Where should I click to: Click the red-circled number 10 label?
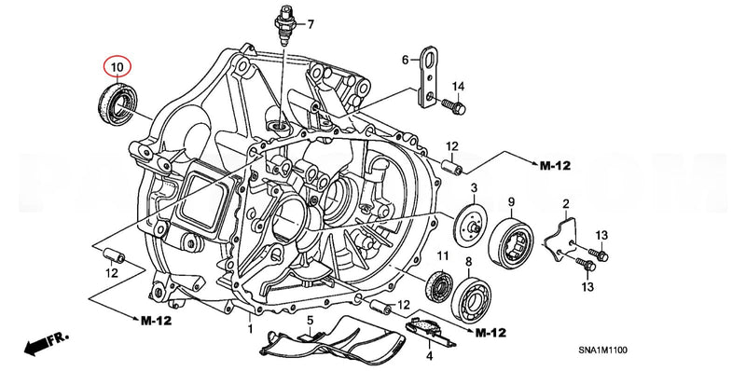point(117,68)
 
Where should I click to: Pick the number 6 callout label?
point(406,60)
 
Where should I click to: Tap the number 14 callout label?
point(457,87)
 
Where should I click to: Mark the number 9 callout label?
point(512,202)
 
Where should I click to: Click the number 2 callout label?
point(565,203)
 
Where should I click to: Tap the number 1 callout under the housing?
point(250,329)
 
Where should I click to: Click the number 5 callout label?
point(309,320)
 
